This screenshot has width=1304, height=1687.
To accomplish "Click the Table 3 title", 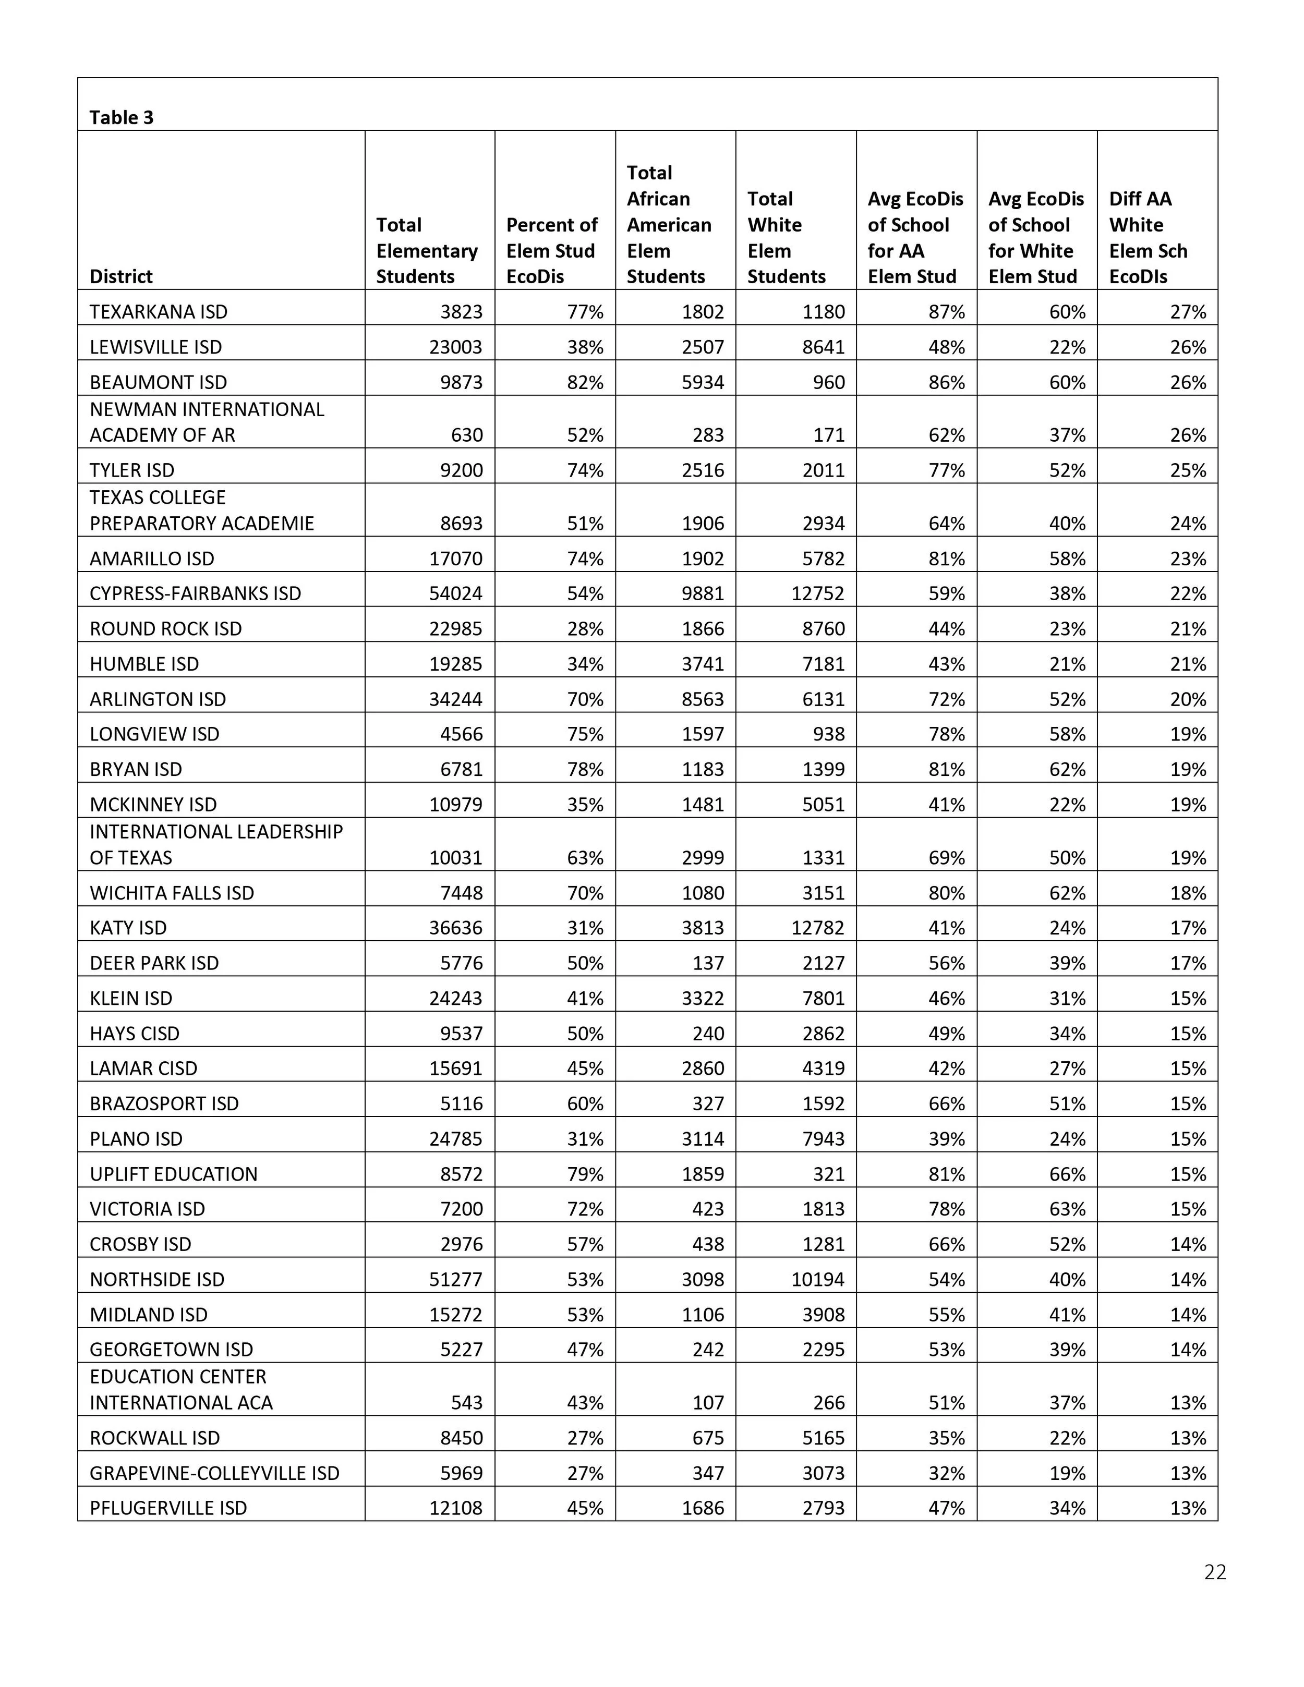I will coord(122,117).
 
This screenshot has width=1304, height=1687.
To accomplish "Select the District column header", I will coord(122,276).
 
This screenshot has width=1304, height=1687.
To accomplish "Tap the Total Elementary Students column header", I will coord(427,250).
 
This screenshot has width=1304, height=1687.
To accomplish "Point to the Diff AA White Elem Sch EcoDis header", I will coord(1148,237).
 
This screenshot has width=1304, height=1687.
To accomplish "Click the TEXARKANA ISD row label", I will coord(159,312).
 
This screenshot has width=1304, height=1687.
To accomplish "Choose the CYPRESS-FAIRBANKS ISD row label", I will coord(196,593).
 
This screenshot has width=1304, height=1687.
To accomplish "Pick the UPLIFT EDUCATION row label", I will coord(174,1174).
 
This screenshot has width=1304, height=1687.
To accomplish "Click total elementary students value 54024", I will coord(456,593).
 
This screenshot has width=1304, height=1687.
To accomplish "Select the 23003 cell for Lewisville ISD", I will coord(456,347).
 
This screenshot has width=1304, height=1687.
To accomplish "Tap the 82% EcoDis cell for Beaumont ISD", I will coord(585,382).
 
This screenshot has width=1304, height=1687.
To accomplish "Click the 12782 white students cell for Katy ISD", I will coord(817,928).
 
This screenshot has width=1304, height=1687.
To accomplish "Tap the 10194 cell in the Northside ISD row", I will coord(817,1279).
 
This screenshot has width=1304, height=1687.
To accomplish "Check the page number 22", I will coord(1214,1572).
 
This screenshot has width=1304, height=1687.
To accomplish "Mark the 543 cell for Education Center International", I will coord(467,1403).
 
